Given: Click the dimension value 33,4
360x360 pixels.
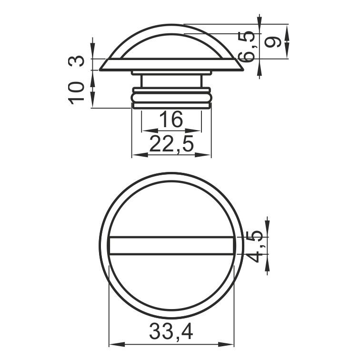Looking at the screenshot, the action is coord(171,332).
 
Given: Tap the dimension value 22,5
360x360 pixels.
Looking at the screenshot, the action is coord(171,144).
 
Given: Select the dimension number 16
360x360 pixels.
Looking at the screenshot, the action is coord(171,119).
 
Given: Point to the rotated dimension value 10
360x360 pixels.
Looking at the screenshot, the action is coord(76,93).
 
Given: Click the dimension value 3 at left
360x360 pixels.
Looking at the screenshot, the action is coord(76,61).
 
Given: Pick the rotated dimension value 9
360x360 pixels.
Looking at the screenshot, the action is coord(273,42).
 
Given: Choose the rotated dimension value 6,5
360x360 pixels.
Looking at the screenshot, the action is coord(247,46).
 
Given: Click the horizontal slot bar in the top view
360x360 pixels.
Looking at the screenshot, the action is coord(171,245).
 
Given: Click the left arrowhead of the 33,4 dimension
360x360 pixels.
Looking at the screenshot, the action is coord(117,344).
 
